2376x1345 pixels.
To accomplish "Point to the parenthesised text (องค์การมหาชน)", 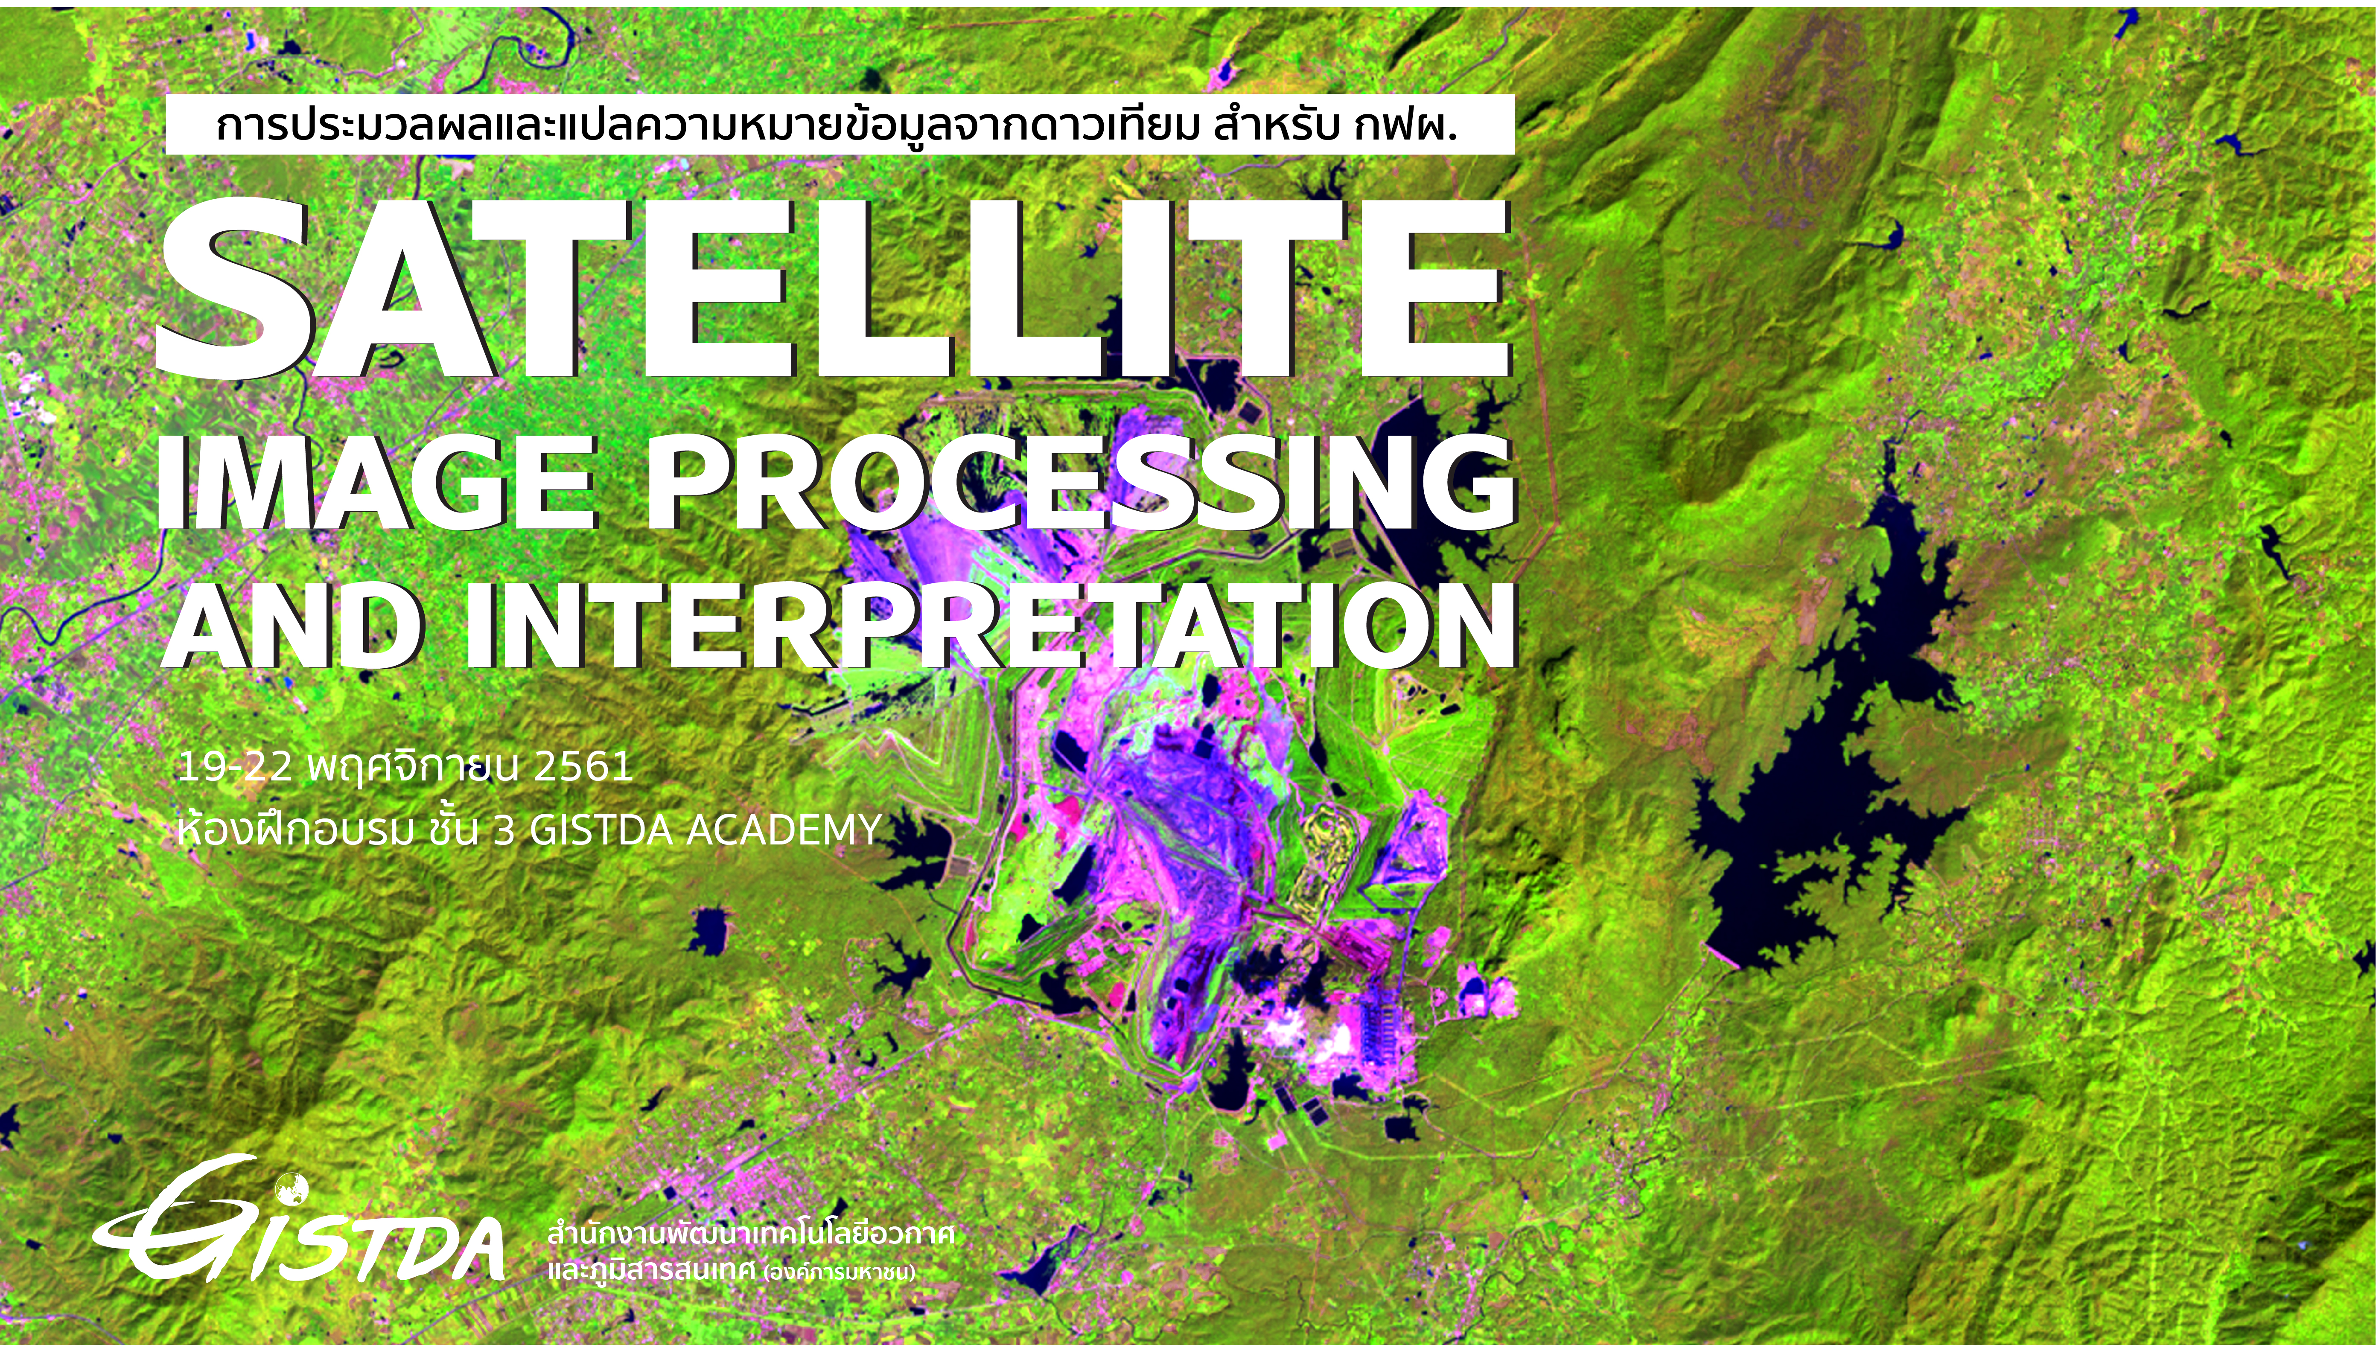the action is pos(839,1273).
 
